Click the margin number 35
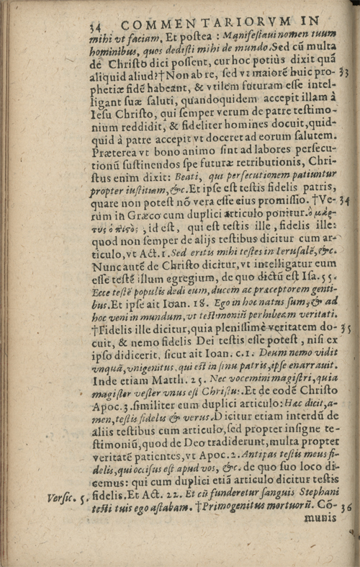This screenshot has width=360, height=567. [346, 326]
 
